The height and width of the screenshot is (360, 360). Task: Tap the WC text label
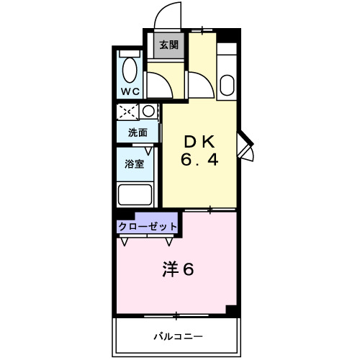[130, 91]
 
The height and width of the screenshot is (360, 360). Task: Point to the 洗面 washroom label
[138, 132]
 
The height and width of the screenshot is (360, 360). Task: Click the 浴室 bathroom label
[135, 163]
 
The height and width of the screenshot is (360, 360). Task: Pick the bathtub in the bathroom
[135, 195]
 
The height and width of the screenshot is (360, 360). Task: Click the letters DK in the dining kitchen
[199, 141]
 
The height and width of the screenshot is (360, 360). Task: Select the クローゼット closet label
[148, 226]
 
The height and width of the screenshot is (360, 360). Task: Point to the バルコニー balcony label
[177, 336]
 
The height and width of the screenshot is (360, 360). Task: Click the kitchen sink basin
[226, 87]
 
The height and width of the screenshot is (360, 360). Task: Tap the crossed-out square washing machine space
[129, 112]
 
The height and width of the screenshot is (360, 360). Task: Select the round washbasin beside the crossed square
[148, 111]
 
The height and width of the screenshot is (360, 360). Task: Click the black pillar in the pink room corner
[230, 310]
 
